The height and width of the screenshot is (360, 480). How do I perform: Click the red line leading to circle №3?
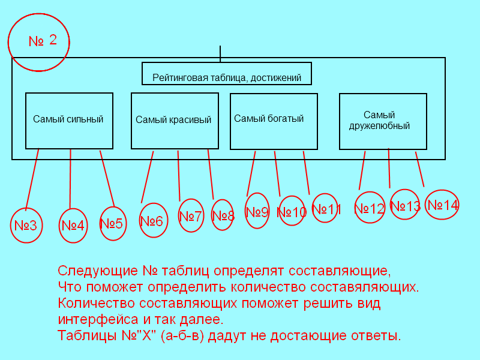[x=32, y=179]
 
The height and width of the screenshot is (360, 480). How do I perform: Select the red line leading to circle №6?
[x=147, y=177]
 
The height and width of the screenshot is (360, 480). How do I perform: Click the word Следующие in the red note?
[x=98, y=271]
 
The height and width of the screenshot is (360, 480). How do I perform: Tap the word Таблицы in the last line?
[x=87, y=336]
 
